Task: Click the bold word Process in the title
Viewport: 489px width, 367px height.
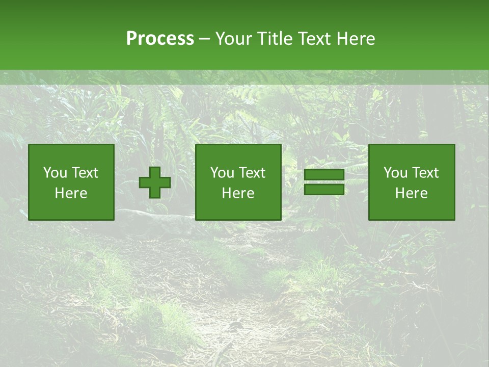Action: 160,39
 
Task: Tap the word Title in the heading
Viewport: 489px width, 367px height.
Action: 275,39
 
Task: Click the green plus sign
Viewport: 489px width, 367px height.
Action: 155,182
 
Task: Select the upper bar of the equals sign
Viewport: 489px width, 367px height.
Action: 324,175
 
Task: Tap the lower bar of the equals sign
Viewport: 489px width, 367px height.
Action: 324,189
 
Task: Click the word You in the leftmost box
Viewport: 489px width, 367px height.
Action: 55,173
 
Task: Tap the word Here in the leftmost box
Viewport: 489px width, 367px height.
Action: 71,193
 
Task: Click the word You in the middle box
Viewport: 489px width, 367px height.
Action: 222,173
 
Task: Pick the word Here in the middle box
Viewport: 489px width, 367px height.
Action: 238,193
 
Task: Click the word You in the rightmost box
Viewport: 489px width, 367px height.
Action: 395,173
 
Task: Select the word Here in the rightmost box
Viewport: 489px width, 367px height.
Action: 412,193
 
